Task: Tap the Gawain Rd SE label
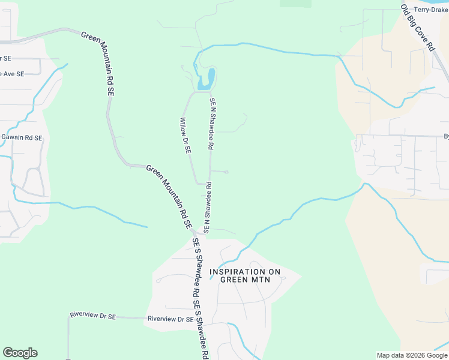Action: point(21,138)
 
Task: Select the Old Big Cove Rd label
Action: point(417,28)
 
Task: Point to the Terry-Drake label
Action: point(431,10)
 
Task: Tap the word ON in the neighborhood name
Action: point(274,272)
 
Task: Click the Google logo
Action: point(20,353)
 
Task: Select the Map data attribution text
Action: point(391,355)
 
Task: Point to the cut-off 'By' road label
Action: point(446,136)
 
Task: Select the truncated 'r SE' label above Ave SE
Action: point(6,58)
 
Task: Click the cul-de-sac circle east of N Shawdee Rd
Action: point(226,172)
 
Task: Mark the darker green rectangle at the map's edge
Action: point(295,3)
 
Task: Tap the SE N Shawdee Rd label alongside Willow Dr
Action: point(211,124)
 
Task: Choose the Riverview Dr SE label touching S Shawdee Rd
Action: point(170,319)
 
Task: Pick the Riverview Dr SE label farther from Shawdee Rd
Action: point(92,315)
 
